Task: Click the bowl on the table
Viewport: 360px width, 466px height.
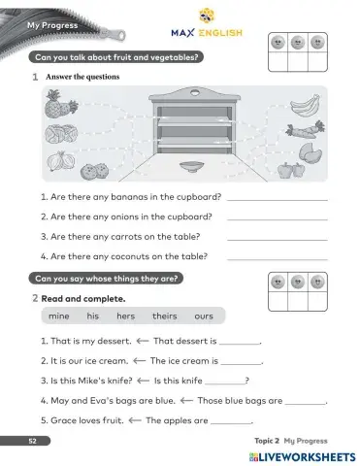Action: [x=190, y=164]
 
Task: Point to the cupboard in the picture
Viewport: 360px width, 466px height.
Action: [x=191, y=121]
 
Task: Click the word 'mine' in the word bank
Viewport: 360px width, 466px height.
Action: [x=58, y=316]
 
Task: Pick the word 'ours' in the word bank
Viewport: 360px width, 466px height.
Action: [x=203, y=316]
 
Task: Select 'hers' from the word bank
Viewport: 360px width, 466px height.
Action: [x=125, y=316]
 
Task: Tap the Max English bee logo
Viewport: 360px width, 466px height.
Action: [x=206, y=15]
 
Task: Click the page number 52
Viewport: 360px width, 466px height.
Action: [x=32, y=441]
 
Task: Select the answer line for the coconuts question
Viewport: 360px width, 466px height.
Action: [x=277, y=258]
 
